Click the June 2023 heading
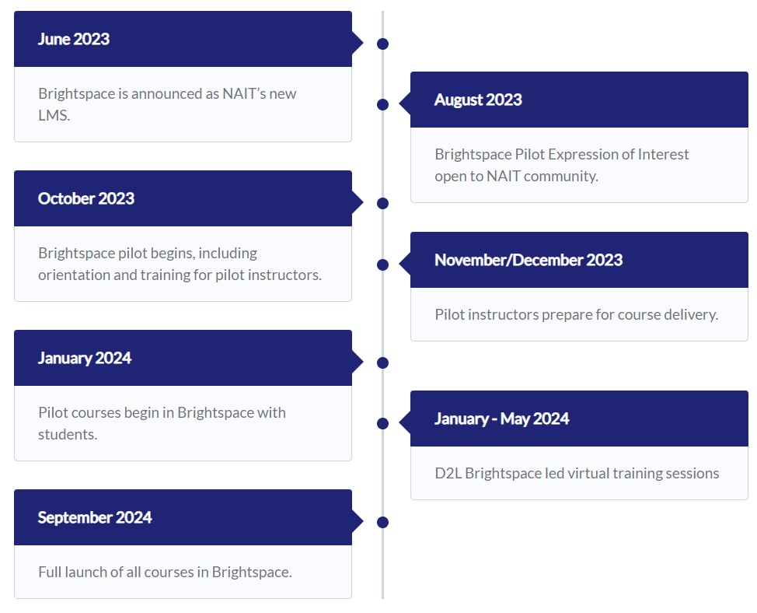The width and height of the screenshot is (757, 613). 74,39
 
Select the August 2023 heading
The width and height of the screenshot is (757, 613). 478,100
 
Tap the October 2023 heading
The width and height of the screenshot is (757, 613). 86,198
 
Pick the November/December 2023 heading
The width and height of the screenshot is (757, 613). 529,260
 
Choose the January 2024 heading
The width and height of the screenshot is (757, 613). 85,358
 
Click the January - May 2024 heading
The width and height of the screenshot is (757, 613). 501,419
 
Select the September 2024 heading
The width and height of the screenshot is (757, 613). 95,517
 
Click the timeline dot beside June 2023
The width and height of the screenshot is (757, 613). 382,44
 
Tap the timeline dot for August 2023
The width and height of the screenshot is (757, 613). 382,104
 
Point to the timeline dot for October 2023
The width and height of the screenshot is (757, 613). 382,203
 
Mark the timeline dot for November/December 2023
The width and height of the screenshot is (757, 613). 382,264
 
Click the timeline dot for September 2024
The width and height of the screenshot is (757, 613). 382,522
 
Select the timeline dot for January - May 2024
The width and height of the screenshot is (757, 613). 382,423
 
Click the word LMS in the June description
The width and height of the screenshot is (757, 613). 53,115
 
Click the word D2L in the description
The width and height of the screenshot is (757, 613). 448,473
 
